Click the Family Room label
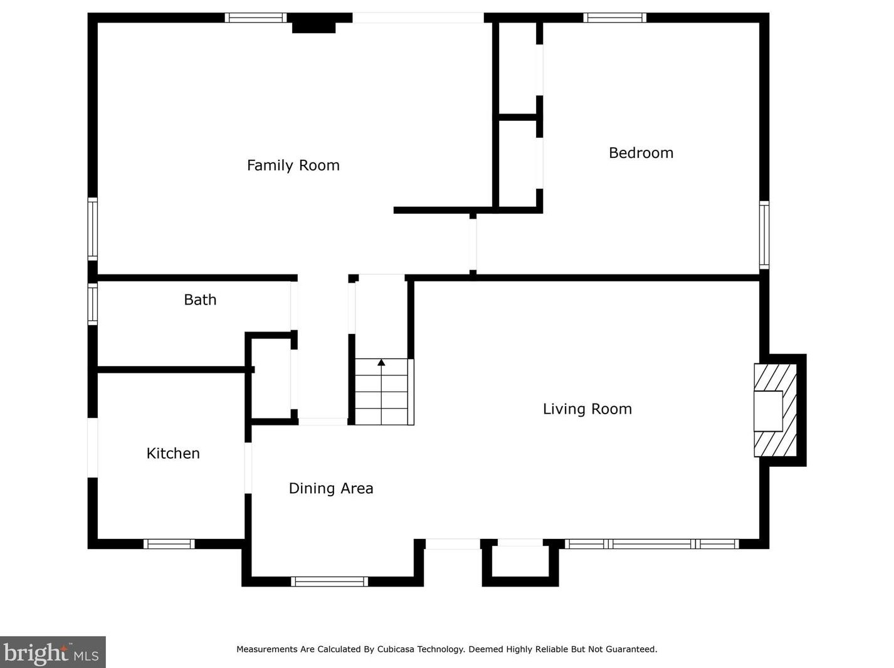pyautogui.click(x=293, y=165)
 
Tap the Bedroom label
pyautogui.click(x=641, y=153)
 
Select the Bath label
pyautogui.click(x=200, y=300)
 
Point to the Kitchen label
pyautogui.click(x=173, y=454)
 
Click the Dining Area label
pyautogui.click(x=331, y=489)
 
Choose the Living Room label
pyautogui.click(x=587, y=409)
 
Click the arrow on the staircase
pyautogui.click(x=381, y=392)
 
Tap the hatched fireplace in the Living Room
pyautogui.click(x=775, y=410)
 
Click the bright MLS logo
pyautogui.click(x=53, y=652)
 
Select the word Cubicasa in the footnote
pyautogui.click(x=396, y=649)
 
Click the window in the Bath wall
pyautogui.click(x=93, y=304)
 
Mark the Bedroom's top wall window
pyautogui.click(x=614, y=18)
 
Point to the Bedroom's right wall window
pyautogui.click(x=764, y=235)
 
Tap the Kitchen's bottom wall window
pyautogui.click(x=169, y=544)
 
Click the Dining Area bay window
pyautogui.click(x=330, y=582)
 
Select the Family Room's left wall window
pyautogui.click(x=93, y=229)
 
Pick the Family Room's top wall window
pyautogui.click(x=256, y=18)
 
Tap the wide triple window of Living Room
pyautogui.click(x=651, y=544)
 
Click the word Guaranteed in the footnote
pyautogui.click(x=631, y=649)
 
